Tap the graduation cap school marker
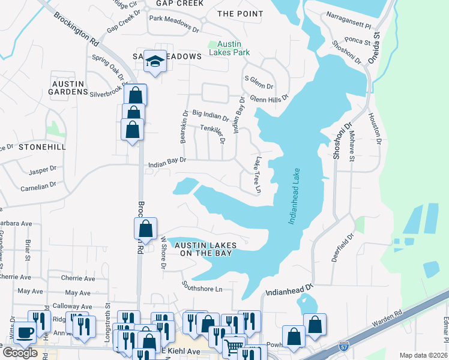(155, 62)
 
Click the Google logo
(20, 353)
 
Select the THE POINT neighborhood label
(240, 14)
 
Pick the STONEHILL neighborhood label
(41, 146)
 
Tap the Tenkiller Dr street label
(212, 133)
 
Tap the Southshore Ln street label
(203, 288)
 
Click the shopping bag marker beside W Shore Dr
(145, 229)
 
